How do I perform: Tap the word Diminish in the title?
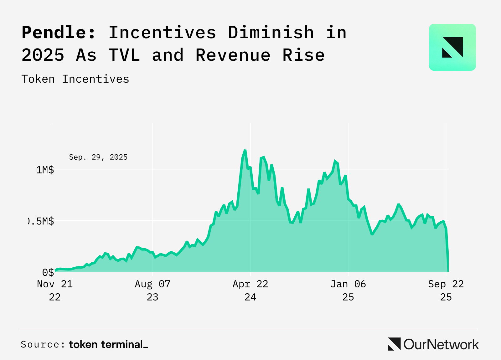(271, 32)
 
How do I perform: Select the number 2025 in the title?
(43, 55)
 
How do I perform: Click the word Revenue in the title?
(233, 55)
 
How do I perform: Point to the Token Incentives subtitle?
(75, 79)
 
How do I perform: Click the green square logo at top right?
(452, 47)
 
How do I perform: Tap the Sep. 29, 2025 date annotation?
(98, 157)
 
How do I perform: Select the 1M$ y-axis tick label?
(45, 170)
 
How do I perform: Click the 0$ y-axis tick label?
(48, 272)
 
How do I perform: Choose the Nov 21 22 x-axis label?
(55, 290)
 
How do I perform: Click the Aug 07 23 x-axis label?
(152, 290)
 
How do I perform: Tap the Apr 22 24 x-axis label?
(250, 290)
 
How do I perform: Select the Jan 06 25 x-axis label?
(348, 290)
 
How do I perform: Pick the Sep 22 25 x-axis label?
(446, 290)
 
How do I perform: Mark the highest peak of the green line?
(245, 151)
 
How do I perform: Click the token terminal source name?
(108, 344)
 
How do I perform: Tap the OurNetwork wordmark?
(441, 344)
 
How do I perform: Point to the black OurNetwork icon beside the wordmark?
(394, 344)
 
